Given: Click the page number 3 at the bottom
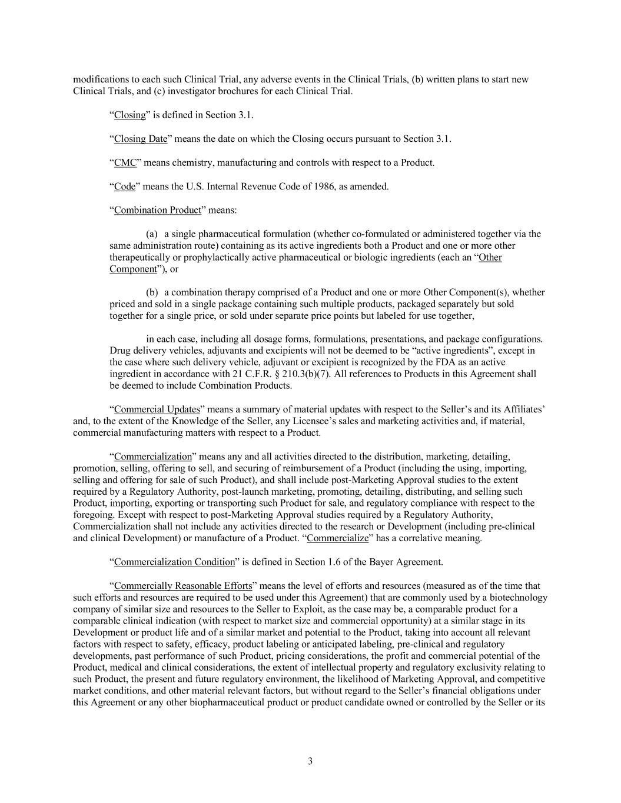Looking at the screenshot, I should coord(310,761).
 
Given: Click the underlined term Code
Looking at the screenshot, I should coord(125,186).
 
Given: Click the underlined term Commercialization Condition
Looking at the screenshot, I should coord(174,562).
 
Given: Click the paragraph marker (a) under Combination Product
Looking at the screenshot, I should coord(152,234).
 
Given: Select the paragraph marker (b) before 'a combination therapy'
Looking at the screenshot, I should coord(152,292).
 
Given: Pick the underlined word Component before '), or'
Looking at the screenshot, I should coord(133,269).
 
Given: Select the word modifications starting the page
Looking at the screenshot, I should coord(99,79).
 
